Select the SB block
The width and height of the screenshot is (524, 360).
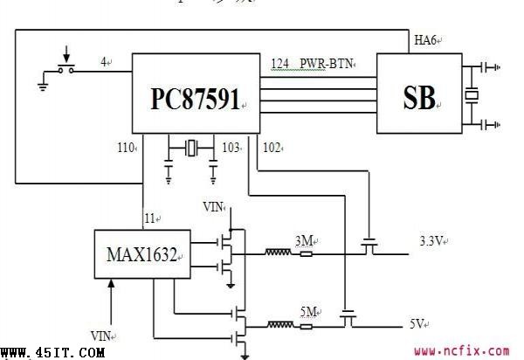[x=418, y=95]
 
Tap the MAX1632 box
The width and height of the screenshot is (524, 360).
[x=142, y=255]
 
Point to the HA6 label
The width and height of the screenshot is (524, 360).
[x=425, y=40]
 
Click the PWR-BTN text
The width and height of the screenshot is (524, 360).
[x=325, y=64]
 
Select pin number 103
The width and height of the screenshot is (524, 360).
[x=231, y=148]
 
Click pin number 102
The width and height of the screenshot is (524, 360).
[x=272, y=148]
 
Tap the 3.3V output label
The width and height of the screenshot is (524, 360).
[x=431, y=239]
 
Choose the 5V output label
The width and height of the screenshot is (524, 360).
[x=417, y=323]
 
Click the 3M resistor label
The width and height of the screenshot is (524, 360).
[x=305, y=240]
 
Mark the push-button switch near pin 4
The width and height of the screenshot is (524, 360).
[x=64, y=66]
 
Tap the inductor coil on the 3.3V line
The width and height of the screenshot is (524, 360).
[x=279, y=253]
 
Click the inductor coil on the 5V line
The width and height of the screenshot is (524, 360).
[x=279, y=325]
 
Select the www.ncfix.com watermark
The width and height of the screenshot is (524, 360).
[x=461, y=351]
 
